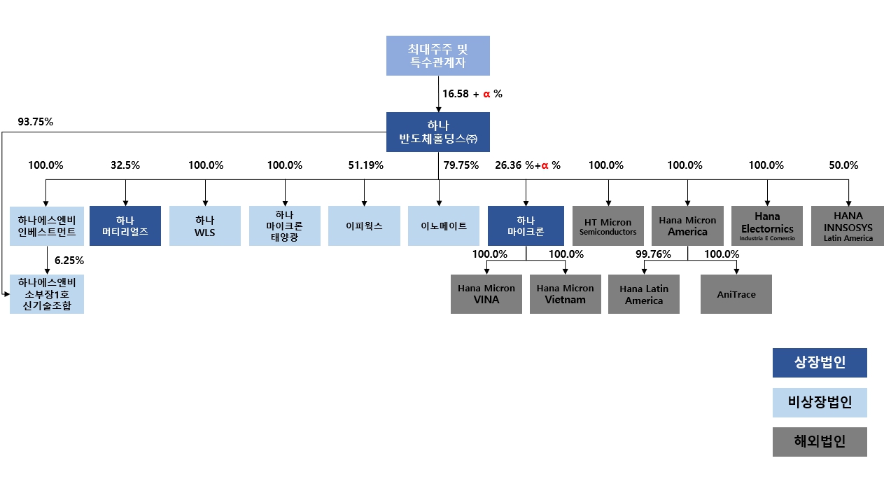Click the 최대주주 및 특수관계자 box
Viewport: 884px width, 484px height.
(438, 55)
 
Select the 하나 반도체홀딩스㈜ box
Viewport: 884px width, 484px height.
(438, 132)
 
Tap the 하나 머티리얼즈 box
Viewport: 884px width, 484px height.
(126, 226)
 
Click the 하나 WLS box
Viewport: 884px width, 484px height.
(206, 226)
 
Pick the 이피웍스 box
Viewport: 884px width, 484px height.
(364, 226)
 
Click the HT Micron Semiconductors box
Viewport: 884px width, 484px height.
(608, 226)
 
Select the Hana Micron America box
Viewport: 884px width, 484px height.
(687, 226)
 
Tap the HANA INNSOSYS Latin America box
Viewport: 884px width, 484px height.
(848, 226)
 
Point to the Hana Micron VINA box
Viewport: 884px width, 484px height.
(486, 294)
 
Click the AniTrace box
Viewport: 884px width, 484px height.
(736, 294)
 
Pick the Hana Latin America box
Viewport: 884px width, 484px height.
(644, 294)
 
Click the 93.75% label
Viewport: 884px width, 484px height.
(35, 122)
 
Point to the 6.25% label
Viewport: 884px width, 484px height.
(69, 260)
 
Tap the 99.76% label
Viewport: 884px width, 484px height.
(653, 254)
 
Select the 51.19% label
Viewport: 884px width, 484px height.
(365, 165)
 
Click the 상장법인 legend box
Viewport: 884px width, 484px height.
(820, 363)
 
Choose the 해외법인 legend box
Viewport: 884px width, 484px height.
(820, 442)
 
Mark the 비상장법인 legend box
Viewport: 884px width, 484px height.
(820, 403)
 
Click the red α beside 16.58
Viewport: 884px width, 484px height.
(486, 94)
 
